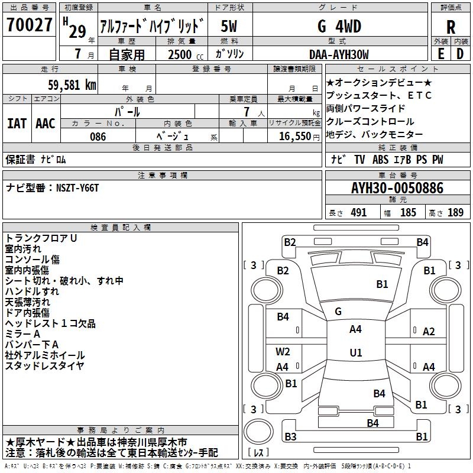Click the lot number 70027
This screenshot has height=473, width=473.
[x=29, y=25]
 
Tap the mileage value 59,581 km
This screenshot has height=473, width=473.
[x=72, y=85]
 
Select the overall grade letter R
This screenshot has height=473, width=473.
[x=451, y=27]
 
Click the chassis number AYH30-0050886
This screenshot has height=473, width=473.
[x=397, y=188]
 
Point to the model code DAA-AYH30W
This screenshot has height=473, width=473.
[x=339, y=54]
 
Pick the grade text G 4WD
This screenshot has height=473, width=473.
[x=339, y=26]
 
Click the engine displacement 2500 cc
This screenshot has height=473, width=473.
[x=186, y=54]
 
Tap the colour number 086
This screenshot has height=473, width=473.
[x=98, y=137]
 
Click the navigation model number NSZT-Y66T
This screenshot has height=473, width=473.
[x=77, y=188]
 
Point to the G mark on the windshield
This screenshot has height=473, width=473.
[x=338, y=312]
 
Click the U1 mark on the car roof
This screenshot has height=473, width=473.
[x=356, y=352]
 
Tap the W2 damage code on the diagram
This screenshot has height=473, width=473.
[x=283, y=352]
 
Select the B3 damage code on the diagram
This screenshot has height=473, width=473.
[x=290, y=436]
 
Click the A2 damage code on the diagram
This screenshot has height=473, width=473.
[x=429, y=332]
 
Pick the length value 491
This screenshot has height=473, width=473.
[x=359, y=212]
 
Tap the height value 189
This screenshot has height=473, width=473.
[x=455, y=212]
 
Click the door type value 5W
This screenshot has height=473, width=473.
[x=229, y=26]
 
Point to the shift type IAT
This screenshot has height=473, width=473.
[x=17, y=124]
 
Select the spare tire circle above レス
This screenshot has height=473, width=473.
[x=258, y=432]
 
